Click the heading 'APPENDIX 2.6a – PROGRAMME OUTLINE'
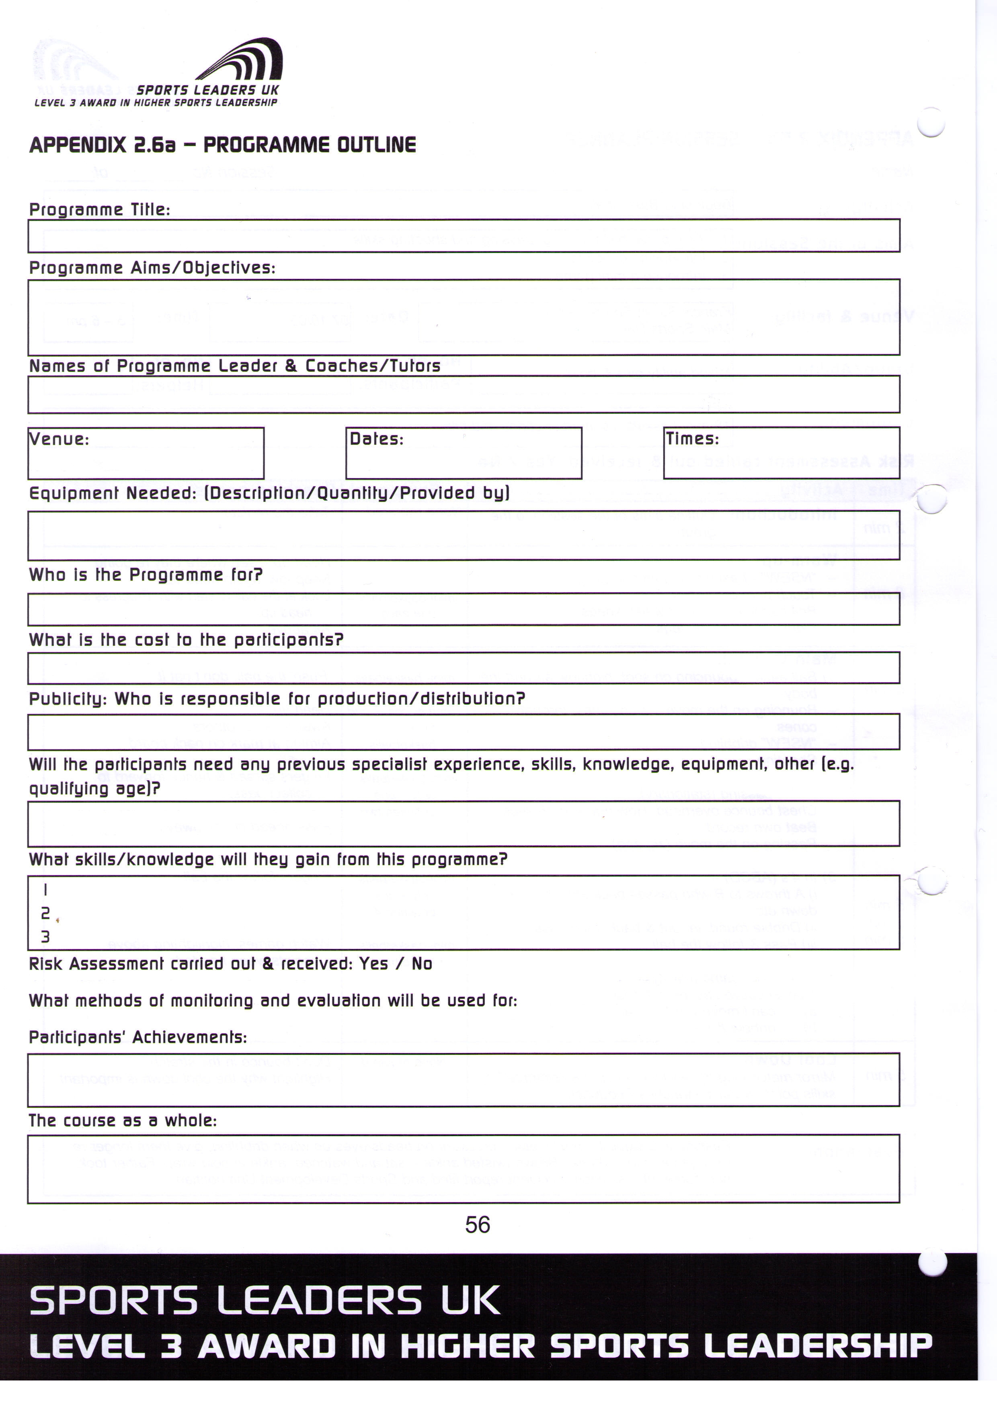[x=222, y=145]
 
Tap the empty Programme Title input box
[x=464, y=236]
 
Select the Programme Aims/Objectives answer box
[x=464, y=317]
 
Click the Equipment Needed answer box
[x=464, y=535]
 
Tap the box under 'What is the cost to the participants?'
[x=464, y=668]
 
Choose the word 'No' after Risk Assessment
[x=422, y=964]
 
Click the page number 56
[x=477, y=1225]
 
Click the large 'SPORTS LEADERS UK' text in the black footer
[x=265, y=1301]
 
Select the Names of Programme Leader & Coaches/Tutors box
[x=464, y=394]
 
